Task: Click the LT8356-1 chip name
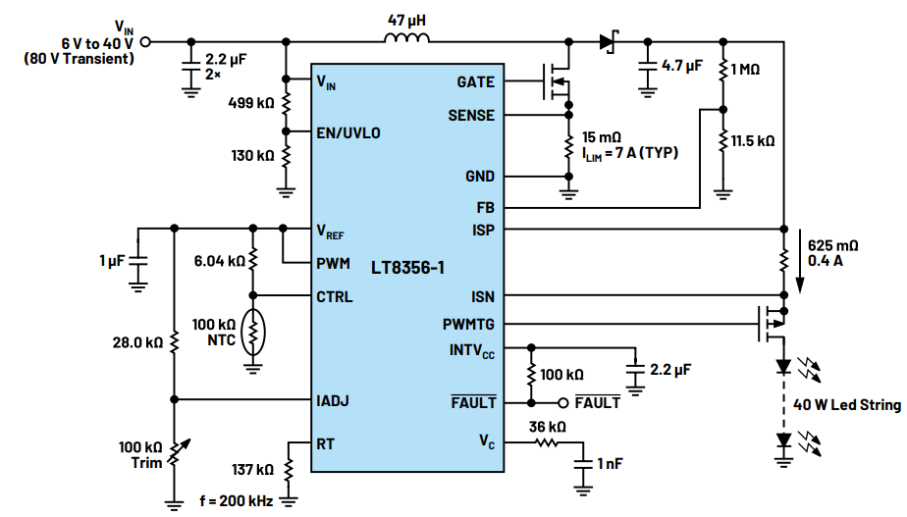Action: (407, 268)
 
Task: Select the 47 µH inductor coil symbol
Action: (406, 37)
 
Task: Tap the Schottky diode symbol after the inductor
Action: (609, 41)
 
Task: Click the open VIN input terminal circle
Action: (145, 41)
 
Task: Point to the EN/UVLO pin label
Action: (348, 133)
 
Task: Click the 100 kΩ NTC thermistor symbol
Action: (253, 333)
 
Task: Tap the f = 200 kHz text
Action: (236, 500)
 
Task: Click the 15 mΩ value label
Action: (601, 137)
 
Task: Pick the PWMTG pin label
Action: (468, 325)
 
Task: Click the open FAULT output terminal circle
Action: (562, 402)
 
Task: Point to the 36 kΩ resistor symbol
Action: (546, 443)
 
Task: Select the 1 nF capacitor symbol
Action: (583, 464)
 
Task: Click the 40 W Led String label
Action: (847, 405)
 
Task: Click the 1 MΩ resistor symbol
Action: (723, 70)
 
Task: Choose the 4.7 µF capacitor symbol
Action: (648, 65)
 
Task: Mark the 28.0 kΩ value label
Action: (137, 343)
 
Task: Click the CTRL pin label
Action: (335, 297)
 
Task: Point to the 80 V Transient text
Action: (80, 59)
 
